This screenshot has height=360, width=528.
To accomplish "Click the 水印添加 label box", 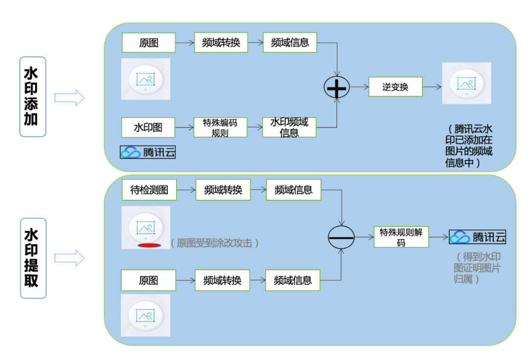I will click(x=33, y=97).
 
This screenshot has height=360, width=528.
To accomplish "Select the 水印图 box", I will click(x=148, y=128).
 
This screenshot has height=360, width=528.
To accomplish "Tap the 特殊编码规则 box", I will click(x=220, y=127).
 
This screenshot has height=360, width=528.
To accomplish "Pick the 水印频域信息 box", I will click(x=289, y=127).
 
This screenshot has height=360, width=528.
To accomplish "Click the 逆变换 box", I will click(x=395, y=87).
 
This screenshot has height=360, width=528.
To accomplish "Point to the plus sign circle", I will click(x=337, y=88).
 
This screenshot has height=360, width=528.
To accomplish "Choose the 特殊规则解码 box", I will click(x=401, y=237).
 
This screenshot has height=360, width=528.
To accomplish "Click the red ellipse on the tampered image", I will click(x=149, y=245).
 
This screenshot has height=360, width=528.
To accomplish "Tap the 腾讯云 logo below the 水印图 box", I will click(x=148, y=152).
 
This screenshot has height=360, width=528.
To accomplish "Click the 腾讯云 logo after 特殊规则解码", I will click(x=478, y=237).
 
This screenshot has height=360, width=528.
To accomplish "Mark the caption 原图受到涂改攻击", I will click(x=215, y=243).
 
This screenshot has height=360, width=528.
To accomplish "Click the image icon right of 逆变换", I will click(x=466, y=83).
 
